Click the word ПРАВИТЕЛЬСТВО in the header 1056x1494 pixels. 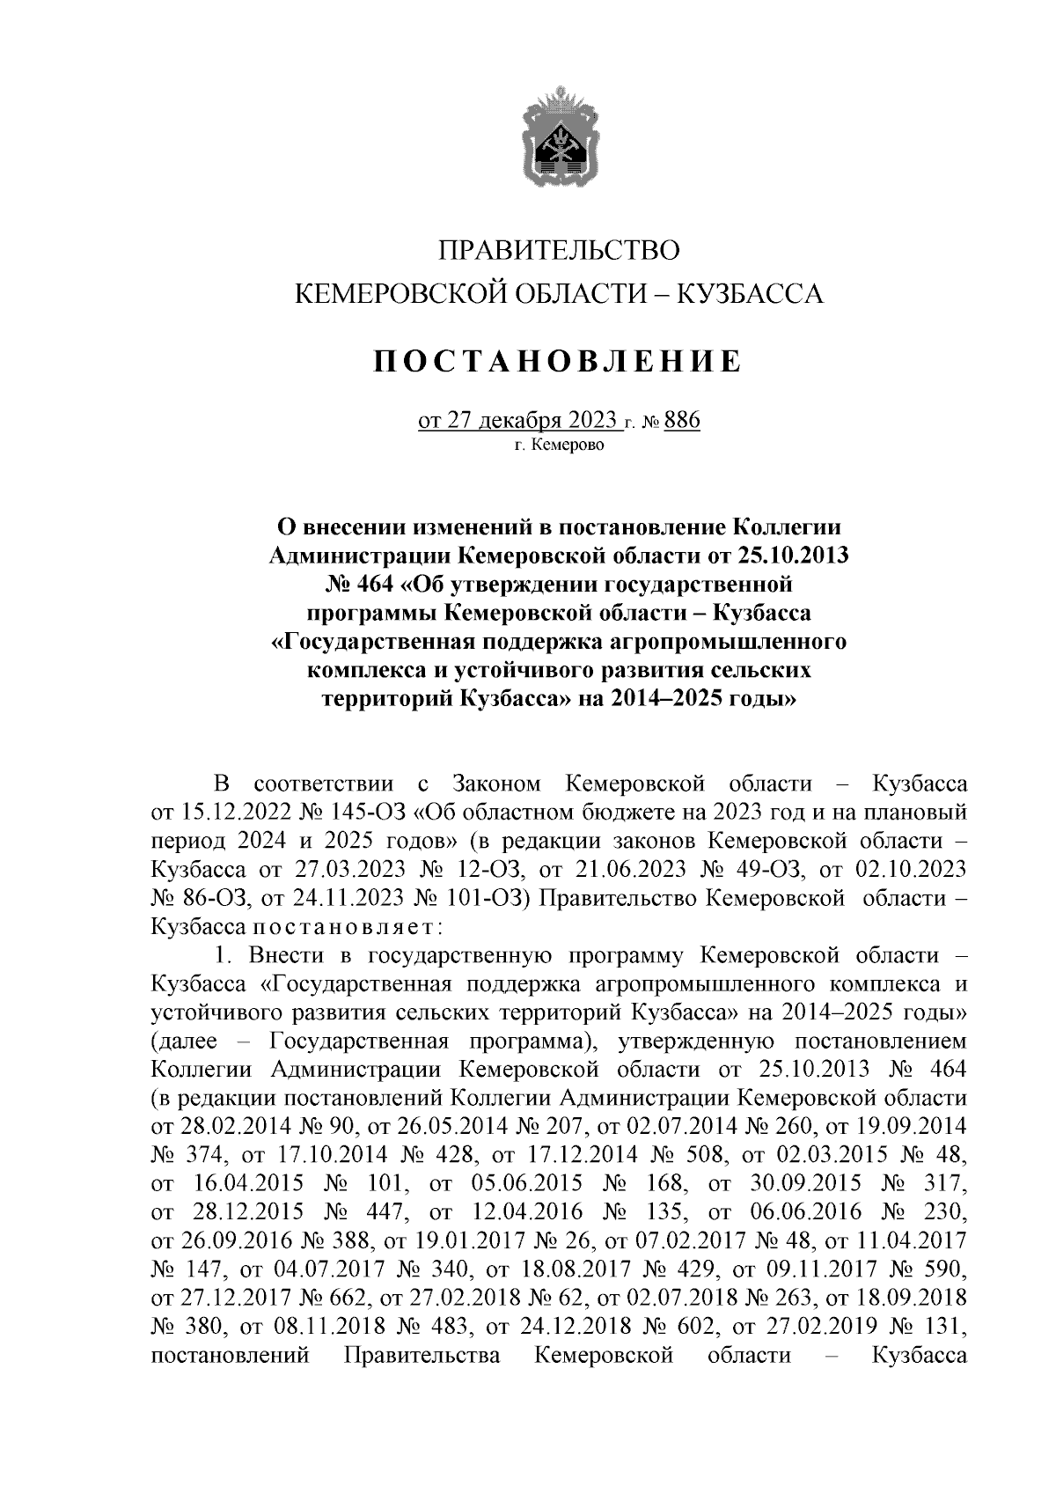(560, 250)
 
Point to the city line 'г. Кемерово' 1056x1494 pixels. (560, 446)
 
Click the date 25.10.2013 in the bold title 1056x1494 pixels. (788, 556)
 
